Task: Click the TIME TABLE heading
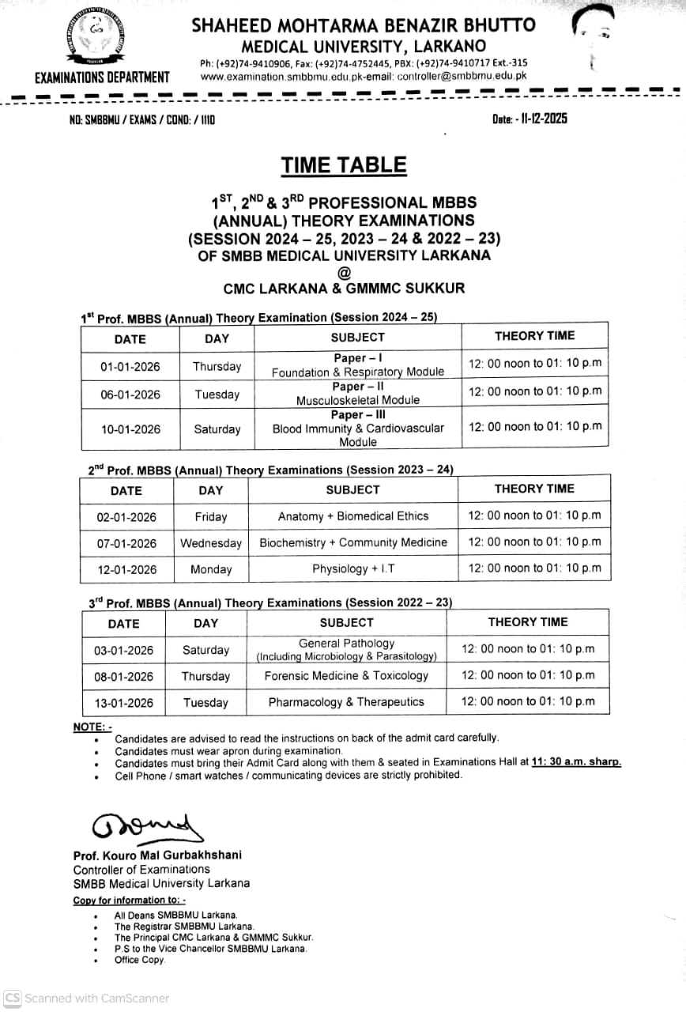pyautogui.click(x=344, y=165)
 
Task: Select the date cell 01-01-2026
pyautogui.click(x=130, y=367)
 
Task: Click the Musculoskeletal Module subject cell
pyautogui.click(x=358, y=394)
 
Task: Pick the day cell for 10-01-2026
pyautogui.click(x=217, y=429)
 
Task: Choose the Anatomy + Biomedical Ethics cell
pyautogui.click(x=353, y=516)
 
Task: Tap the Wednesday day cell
pyautogui.click(x=211, y=543)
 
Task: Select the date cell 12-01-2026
pyautogui.click(x=126, y=569)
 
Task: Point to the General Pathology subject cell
pyautogui.click(x=346, y=650)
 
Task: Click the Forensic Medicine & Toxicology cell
pyautogui.click(x=346, y=676)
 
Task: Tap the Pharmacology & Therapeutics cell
pyautogui.click(x=346, y=702)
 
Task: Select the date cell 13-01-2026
pyautogui.click(x=123, y=702)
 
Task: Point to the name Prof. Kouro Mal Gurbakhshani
pyautogui.click(x=157, y=855)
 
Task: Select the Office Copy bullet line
pyautogui.click(x=140, y=960)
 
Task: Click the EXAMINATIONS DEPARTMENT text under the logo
pyautogui.click(x=102, y=77)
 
